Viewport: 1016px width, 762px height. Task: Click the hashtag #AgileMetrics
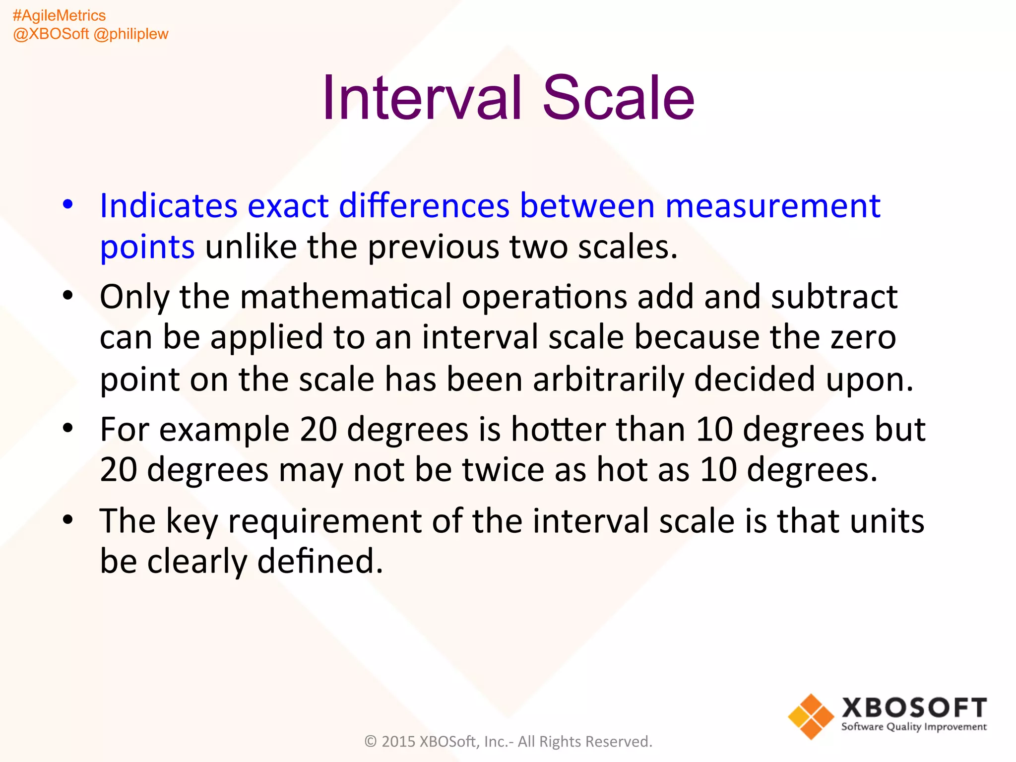[59, 16]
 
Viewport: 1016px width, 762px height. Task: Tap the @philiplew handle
[131, 34]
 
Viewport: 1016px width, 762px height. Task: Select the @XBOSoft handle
[51, 34]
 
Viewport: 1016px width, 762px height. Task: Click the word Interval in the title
[422, 98]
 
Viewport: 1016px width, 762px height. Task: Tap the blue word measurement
[772, 206]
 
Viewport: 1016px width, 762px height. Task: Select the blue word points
[147, 248]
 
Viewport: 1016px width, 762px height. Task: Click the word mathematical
[346, 297]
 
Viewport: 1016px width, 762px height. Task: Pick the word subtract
[834, 297]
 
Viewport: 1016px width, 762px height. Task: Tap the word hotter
[558, 430]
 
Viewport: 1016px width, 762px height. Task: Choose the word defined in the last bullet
[320, 562]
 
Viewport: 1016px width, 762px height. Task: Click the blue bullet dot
[68, 204]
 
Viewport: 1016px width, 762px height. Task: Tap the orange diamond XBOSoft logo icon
[811, 716]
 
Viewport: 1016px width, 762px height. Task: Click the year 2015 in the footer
[398, 742]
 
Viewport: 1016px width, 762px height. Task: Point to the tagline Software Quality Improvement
[914, 727]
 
